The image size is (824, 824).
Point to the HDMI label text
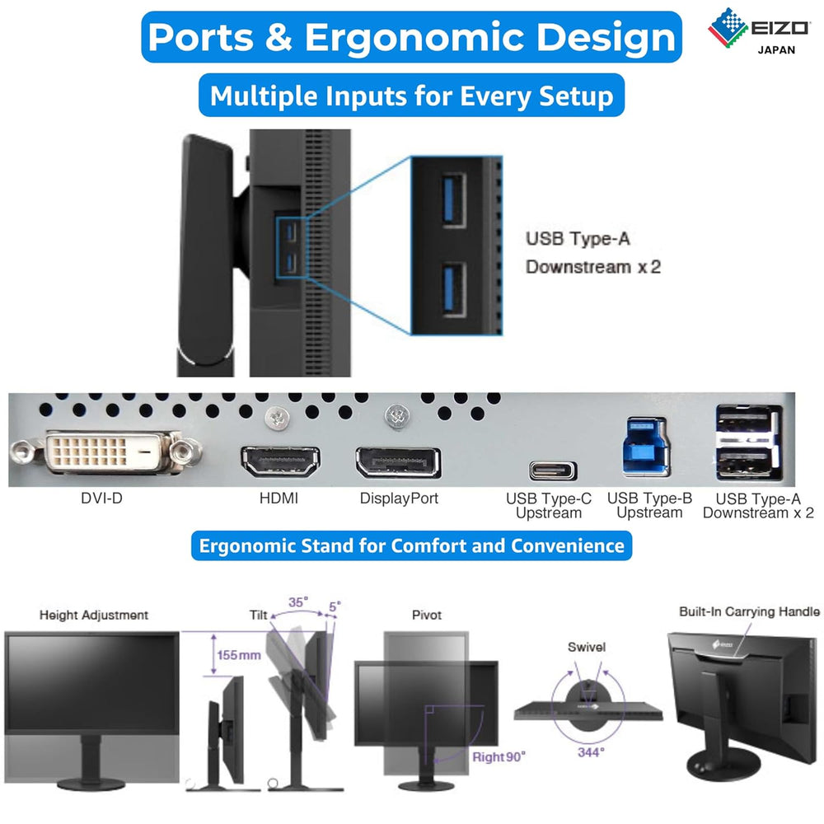pos(279,499)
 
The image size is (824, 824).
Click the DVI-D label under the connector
pos(103,499)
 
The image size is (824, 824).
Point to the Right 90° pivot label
pos(499,756)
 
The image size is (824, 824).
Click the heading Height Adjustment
pos(94,615)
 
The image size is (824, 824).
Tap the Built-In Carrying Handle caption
pos(749,611)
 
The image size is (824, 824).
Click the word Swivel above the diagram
pos(586,647)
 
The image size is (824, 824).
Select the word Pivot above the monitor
pos(426,615)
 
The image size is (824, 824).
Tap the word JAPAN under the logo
pos(776,50)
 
